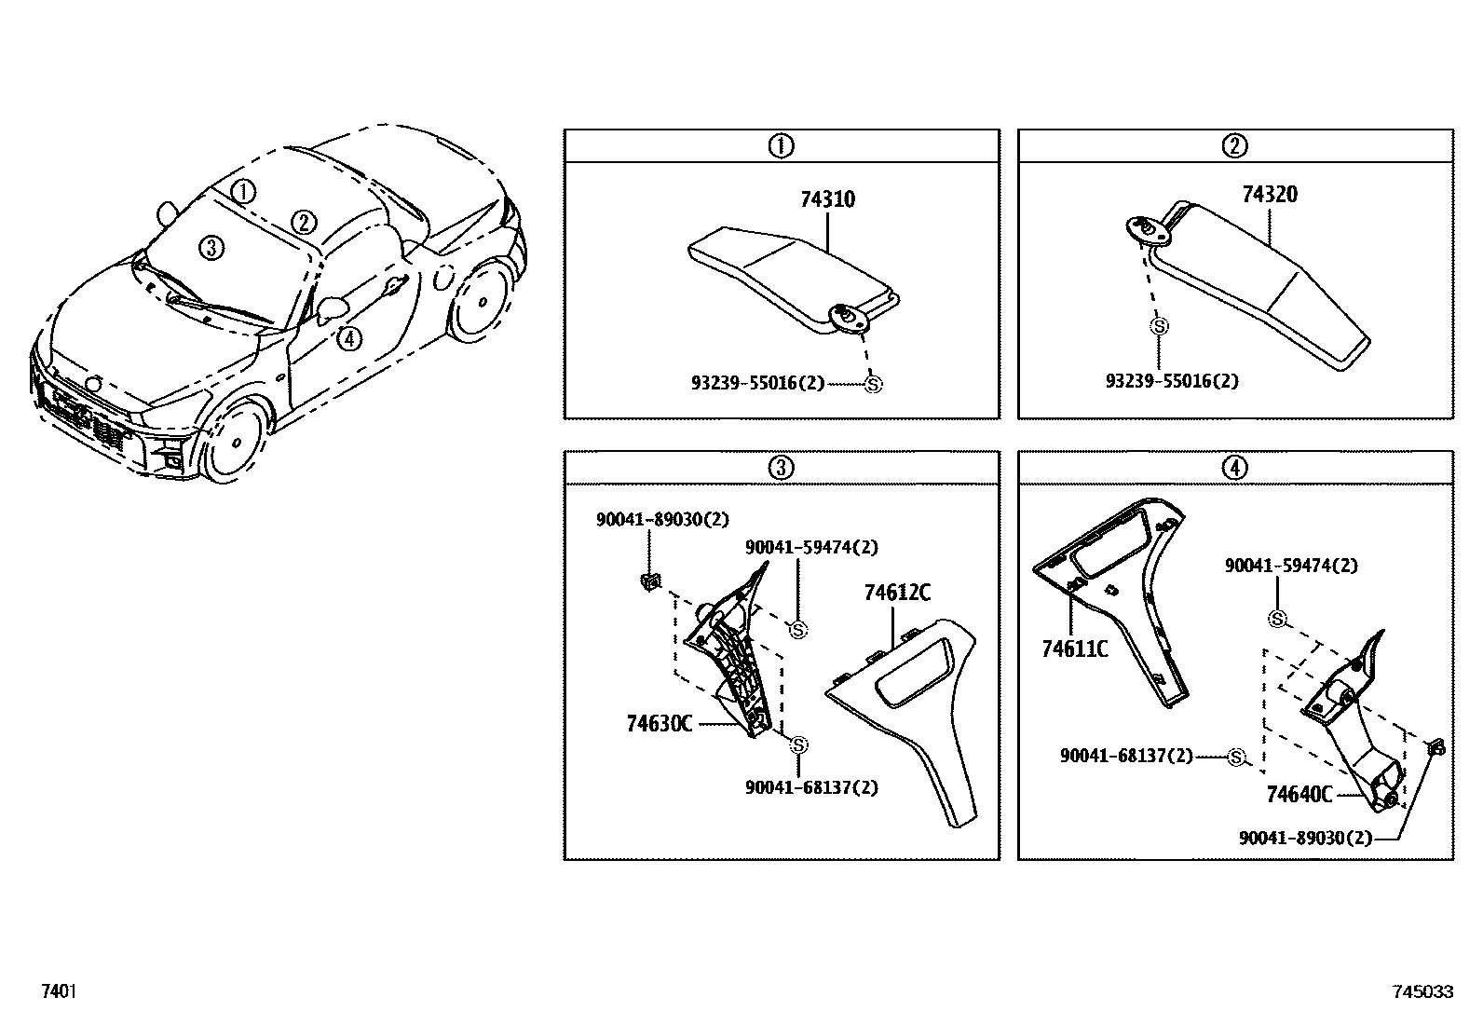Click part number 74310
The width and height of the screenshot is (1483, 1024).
(827, 199)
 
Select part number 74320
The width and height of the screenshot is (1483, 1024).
(1269, 195)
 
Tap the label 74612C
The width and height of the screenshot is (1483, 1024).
(896, 593)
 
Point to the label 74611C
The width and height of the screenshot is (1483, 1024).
(1074, 649)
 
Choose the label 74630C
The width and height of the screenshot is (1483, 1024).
(659, 723)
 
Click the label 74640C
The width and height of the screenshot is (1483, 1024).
(1299, 794)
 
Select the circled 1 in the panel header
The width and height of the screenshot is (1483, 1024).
(781, 146)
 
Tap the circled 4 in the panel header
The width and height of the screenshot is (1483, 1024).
(1234, 468)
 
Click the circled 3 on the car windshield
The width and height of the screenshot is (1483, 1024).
(211, 247)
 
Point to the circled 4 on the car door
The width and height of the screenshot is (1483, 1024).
(348, 338)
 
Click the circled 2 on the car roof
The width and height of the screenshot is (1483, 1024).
(303, 222)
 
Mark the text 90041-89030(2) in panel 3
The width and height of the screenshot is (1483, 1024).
(662, 520)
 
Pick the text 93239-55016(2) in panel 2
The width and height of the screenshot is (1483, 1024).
(1172, 381)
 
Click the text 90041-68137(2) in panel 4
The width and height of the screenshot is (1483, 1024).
(1126, 756)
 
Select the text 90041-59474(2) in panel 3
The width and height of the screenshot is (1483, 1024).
(810, 547)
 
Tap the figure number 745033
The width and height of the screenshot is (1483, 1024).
(1422, 992)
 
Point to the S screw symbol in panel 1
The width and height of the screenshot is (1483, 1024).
(872, 384)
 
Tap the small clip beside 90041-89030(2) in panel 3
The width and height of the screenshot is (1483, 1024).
(649, 582)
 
